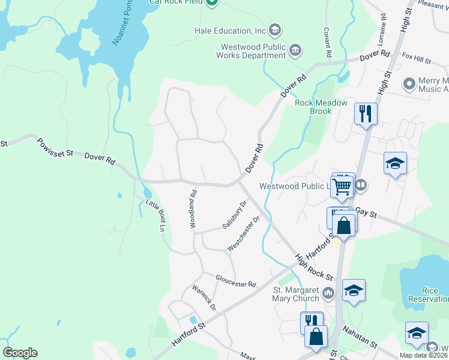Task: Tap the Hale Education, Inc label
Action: tap(230, 30)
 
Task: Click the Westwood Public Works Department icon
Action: tap(295, 50)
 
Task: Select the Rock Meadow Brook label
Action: tap(321, 107)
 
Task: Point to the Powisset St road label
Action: tap(55, 148)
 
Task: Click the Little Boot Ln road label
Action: tap(155, 215)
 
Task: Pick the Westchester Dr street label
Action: tap(243, 233)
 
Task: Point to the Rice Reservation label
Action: tap(427, 294)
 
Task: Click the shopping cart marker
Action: tap(342, 187)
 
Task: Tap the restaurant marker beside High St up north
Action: tap(366, 113)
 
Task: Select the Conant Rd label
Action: tap(328, 42)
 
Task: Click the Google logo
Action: tap(20, 353)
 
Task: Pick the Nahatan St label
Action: tap(360, 338)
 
